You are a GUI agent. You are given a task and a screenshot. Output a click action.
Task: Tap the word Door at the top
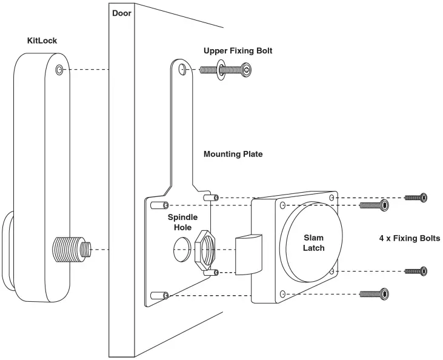coord(122,13)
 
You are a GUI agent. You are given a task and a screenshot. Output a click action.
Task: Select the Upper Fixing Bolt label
coord(238,51)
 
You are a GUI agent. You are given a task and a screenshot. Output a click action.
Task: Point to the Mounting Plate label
coord(233,155)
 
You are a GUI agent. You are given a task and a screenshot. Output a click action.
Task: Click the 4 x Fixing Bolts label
coord(408,239)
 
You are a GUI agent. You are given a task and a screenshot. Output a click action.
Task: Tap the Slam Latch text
coord(313,244)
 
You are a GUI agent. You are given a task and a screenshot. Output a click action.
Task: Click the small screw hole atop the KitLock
coord(59,70)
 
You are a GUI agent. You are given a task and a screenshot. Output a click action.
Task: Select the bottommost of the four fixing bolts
coord(374,294)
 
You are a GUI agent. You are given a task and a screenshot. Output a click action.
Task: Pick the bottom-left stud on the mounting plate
coord(158,295)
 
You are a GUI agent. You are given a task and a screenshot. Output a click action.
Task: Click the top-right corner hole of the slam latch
coord(333,198)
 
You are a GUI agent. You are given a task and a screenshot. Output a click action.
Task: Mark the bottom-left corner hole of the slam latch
coord(282,294)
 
